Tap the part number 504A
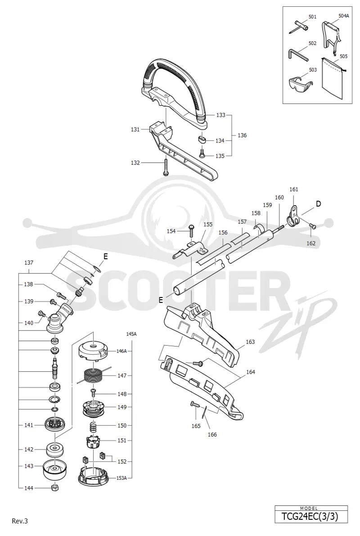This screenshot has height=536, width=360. pos(344,16)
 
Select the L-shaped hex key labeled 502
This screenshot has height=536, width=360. pos(297,54)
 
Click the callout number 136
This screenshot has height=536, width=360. pos(242,135)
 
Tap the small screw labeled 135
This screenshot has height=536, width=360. pos(202,153)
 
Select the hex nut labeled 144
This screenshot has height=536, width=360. pos(55,487)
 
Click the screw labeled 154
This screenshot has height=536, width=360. pos(191,232)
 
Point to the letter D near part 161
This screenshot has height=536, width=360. pos(318,204)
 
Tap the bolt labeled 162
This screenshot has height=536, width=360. pos(312,225)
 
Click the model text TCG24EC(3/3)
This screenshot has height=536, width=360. pos(310,516)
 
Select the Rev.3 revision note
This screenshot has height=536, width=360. pos(20,521)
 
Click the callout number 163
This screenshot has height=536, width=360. pos(250,342)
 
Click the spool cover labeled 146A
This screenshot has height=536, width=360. pos(93,351)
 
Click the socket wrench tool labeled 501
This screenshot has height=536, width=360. pos(299,26)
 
